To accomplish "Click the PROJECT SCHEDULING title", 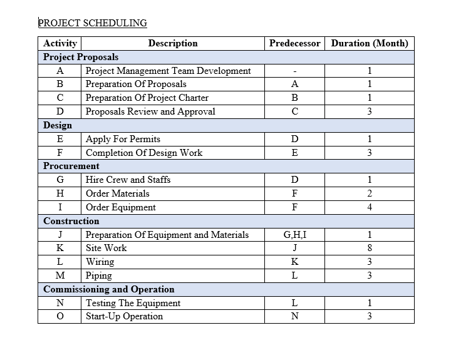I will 93,23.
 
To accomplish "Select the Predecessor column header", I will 294,43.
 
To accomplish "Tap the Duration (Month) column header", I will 370,43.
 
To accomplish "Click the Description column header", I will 173,43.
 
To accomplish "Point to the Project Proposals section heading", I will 81,57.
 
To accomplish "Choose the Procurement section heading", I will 71,166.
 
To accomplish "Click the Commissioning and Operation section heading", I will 109,289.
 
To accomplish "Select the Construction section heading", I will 71,221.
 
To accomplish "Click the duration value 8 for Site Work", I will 370,248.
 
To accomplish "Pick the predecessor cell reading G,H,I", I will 294,235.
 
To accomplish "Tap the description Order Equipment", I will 121,207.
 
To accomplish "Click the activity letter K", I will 60,248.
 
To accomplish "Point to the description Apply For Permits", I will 123,139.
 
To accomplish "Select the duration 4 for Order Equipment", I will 370,207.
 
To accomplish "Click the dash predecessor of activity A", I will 294,71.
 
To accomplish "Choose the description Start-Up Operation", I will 124,316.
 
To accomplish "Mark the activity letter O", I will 60,316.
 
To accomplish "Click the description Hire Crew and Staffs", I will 128,180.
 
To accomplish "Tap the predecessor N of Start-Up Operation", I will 294,316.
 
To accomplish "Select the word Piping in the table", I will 99,275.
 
